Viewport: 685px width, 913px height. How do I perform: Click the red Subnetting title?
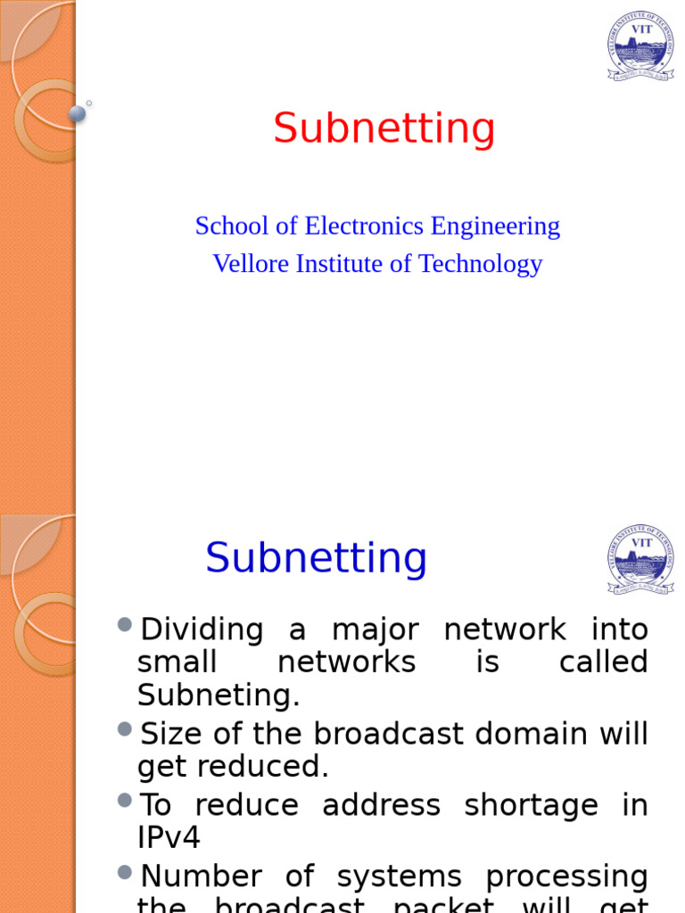(x=384, y=128)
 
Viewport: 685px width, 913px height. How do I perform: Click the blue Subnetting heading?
(x=317, y=558)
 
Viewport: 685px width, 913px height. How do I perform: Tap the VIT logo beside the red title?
(x=640, y=46)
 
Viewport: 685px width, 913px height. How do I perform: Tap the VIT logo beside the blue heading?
(x=640, y=559)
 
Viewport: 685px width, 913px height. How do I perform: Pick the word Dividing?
(x=202, y=629)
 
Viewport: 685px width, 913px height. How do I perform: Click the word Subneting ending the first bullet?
(x=219, y=695)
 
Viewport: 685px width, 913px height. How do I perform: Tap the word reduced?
(x=276, y=766)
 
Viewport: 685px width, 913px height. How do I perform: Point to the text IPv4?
(x=169, y=837)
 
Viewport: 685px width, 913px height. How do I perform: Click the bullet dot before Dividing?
(x=125, y=623)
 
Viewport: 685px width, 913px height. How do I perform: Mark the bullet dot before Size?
(x=125, y=728)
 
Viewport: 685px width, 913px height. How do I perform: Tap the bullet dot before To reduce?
(x=125, y=800)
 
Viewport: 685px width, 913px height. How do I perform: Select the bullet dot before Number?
(x=125, y=871)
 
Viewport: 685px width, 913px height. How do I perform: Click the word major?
(x=375, y=629)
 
